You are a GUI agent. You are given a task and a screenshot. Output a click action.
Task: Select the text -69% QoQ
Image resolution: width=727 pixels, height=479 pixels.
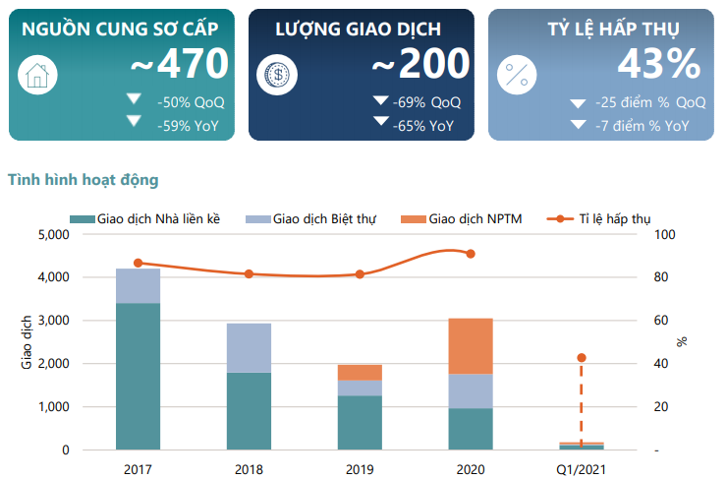pyautogui.click(x=425, y=102)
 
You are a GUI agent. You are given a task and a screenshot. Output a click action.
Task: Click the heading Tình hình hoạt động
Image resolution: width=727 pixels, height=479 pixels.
pyautogui.click(x=83, y=180)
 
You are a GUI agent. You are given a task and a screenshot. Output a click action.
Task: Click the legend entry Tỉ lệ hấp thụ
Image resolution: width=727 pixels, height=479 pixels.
pyautogui.click(x=614, y=218)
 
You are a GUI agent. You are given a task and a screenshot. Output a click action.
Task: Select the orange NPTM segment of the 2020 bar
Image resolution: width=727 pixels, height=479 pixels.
pyautogui.click(x=472, y=346)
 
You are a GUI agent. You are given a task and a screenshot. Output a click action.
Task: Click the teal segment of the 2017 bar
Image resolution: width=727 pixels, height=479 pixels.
pyautogui.click(x=138, y=376)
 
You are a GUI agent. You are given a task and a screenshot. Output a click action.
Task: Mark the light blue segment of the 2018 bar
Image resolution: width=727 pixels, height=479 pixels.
pyautogui.click(x=249, y=348)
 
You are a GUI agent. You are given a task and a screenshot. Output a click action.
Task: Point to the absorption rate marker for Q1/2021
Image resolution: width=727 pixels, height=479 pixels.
pyautogui.click(x=582, y=358)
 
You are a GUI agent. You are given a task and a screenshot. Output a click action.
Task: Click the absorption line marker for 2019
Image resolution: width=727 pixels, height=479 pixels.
pyautogui.click(x=360, y=274)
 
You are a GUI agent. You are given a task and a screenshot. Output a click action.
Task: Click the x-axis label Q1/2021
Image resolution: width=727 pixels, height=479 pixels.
pyautogui.click(x=582, y=469)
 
